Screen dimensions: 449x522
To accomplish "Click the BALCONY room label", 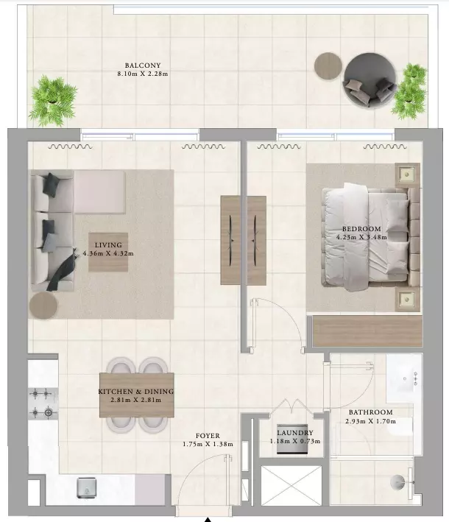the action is [143, 66].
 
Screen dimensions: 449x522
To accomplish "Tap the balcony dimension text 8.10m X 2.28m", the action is [143, 74].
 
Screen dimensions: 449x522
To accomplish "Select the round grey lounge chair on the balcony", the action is [370, 80].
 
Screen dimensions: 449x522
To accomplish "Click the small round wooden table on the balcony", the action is [328, 66].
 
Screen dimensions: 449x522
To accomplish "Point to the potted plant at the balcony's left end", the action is [52, 101].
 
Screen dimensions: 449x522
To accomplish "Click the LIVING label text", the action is [108, 245].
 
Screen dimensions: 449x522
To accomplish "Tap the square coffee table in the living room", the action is [108, 252].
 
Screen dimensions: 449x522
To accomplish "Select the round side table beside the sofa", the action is [43, 306].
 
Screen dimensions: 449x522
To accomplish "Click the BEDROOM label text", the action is [361, 229].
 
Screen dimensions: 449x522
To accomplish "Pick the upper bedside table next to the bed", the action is [407, 174].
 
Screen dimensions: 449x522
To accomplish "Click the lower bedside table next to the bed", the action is [407, 299].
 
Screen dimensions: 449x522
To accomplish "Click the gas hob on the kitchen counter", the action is [43, 403].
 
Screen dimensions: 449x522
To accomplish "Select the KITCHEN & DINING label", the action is [135, 392].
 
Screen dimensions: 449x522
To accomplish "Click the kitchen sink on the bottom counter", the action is [87, 488].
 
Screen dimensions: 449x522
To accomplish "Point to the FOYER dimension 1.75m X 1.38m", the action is [208, 444].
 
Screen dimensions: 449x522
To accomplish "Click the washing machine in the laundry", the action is [292, 439].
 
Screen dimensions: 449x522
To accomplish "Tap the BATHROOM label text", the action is [371, 412].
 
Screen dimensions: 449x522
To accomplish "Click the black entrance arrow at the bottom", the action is [208, 520].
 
